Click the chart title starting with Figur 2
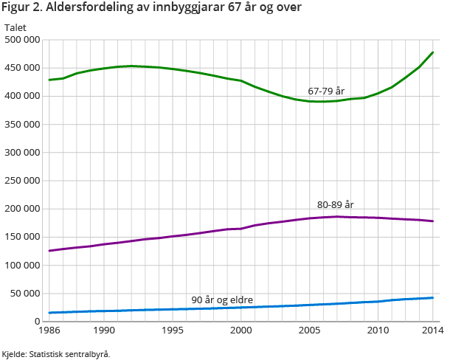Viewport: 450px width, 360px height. coord(152,9)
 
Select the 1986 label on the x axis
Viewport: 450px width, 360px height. coord(49,330)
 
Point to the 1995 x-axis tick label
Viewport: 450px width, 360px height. coord(173,330)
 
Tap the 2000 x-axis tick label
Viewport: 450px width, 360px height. coord(241,330)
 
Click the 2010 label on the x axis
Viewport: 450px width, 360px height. coord(378,330)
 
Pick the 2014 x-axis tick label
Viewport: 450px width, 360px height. coord(432,330)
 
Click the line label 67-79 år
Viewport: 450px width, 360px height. coord(326,91)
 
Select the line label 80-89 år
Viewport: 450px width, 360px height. coord(336,204)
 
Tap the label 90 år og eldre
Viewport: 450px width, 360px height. coord(222,300)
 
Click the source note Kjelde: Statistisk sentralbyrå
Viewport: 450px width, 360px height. coord(56,354)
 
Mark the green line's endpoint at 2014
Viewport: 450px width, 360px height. coord(432,52)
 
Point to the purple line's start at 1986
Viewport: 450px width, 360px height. coord(49,251)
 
